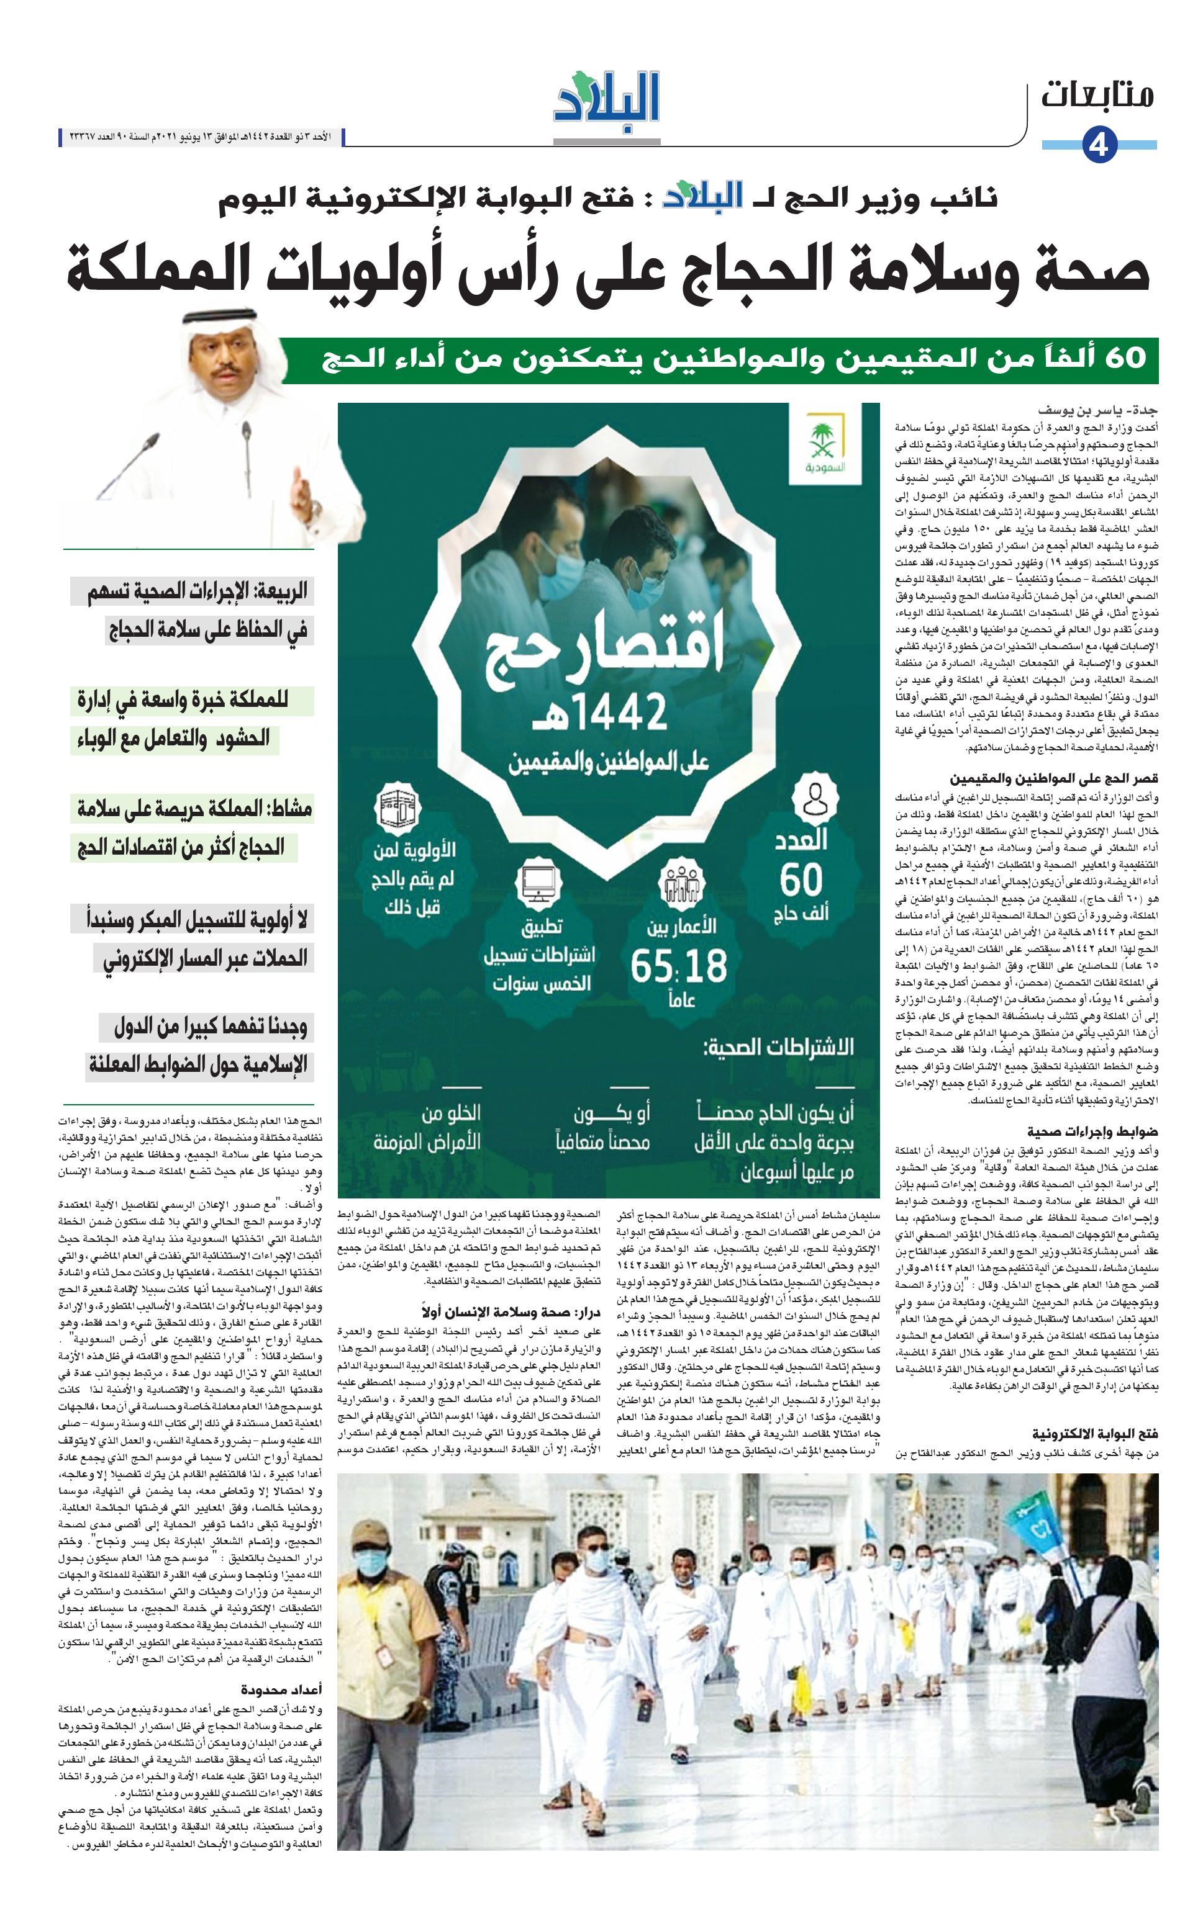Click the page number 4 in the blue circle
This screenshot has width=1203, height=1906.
[1099, 146]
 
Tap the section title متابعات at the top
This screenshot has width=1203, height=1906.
[1097, 96]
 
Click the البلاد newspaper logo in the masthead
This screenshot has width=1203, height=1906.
[607, 99]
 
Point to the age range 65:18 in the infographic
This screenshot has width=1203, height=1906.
[679, 965]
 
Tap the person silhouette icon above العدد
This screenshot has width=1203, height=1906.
[815, 798]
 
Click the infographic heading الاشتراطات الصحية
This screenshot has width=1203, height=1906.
[778, 1047]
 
